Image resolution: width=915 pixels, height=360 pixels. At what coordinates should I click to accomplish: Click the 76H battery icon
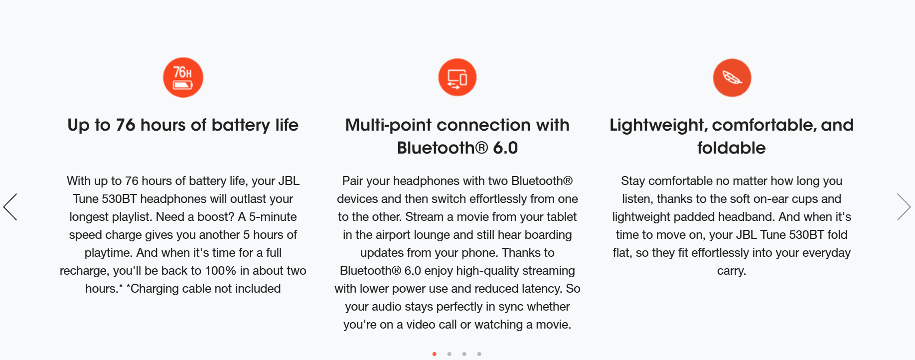click(x=183, y=77)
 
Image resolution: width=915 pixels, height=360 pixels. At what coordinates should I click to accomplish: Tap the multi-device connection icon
click(x=457, y=77)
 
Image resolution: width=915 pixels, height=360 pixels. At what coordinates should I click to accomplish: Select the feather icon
click(x=732, y=78)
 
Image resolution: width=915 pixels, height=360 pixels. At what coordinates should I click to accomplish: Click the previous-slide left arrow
click(x=10, y=207)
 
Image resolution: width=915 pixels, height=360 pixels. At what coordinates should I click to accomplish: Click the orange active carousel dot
click(x=435, y=354)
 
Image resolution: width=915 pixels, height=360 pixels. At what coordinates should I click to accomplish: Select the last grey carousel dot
click(x=479, y=354)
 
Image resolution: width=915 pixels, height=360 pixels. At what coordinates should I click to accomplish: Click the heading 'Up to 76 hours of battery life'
click(x=183, y=125)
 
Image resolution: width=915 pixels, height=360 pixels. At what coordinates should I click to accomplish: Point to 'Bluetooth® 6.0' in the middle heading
click(x=457, y=148)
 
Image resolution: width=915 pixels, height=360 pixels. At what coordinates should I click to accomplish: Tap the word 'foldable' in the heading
click(x=732, y=148)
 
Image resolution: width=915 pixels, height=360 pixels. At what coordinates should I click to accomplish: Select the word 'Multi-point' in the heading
click(x=389, y=125)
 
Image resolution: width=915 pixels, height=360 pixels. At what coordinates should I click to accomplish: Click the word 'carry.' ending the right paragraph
click(x=732, y=271)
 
